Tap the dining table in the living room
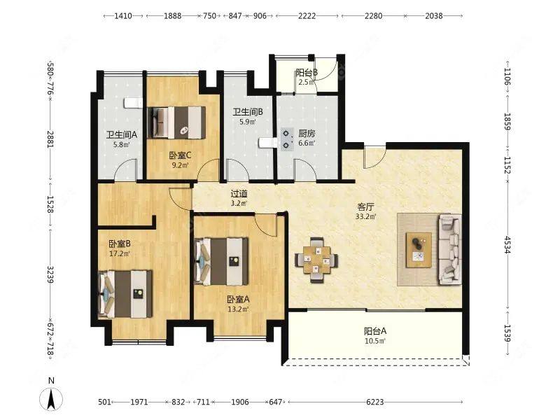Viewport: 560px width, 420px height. pyautogui.click(x=316, y=260)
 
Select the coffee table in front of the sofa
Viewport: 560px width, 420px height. pyautogui.click(x=419, y=250)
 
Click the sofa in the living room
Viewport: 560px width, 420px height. pyautogui.click(x=449, y=249)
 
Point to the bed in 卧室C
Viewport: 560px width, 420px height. pyautogui.click(x=177, y=122)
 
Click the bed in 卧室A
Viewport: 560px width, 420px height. pyautogui.click(x=221, y=261)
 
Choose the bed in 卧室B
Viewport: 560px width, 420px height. pyautogui.click(x=125, y=294)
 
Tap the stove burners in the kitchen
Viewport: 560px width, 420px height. pyautogui.click(x=286, y=139)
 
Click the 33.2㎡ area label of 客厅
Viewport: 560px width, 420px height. pyautogui.click(x=365, y=216)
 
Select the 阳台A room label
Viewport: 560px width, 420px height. pyautogui.click(x=375, y=331)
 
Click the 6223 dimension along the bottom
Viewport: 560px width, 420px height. pyautogui.click(x=375, y=402)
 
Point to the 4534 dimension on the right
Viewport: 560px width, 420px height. pyautogui.click(x=507, y=244)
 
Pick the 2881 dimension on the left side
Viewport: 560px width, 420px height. pyautogui.click(x=50, y=139)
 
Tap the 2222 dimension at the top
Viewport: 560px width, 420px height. pyautogui.click(x=307, y=15)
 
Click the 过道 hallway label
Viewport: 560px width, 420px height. pyautogui.click(x=239, y=194)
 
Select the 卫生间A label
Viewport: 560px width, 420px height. pyautogui.click(x=121, y=134)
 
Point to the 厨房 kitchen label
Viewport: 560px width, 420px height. pyautogui.click(x=307, y=134)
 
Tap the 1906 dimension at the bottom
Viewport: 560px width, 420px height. pyautogui.click(x=240, y=402)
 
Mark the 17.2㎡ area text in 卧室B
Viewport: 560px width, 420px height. pyautogui.click(x=120, y=253)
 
